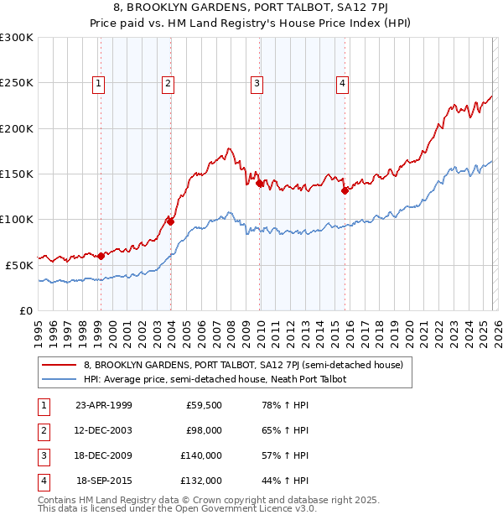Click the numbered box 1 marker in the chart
point(99,82)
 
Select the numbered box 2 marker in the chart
point(169,82)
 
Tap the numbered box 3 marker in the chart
point(257,82)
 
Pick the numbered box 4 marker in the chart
point(343,82)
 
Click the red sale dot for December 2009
point(259,183)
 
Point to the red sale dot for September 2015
point(345,190)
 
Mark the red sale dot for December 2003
point(170,221)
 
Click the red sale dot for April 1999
point(101,256)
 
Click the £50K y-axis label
point(19,265)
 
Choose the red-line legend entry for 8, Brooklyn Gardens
point(243,365)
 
